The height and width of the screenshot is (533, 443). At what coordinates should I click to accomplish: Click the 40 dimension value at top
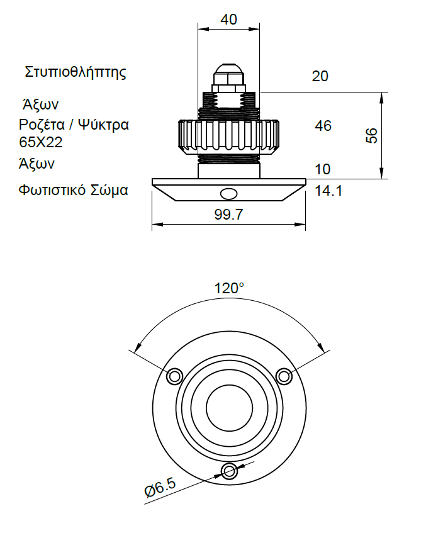click(x=228, y=20)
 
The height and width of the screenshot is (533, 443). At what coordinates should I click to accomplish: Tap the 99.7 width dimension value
click(x=228, y=215)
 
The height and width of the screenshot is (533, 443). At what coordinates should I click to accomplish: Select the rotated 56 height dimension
click(x=372, y=136)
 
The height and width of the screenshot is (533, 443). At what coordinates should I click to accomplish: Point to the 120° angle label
click(x=229, y=288)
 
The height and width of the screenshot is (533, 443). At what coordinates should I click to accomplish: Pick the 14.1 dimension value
click(x=328, y=191)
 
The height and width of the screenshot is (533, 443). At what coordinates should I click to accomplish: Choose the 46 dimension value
click(x=323, y=126)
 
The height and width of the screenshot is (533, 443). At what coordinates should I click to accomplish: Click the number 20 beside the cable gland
click(x=320, y=76)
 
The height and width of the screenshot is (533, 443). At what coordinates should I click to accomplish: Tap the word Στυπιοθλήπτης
click(x=76, y=72)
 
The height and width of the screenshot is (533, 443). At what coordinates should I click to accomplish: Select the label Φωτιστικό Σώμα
click(x=73, y=190)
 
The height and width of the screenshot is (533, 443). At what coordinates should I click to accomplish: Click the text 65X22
click(x=41, y=142)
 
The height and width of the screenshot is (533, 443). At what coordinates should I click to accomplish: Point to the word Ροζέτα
click(x=42, y=125)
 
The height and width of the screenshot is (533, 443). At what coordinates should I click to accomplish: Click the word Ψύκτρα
click(x=104, y=125)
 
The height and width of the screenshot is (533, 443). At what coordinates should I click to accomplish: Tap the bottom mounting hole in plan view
click(x=229, y=471)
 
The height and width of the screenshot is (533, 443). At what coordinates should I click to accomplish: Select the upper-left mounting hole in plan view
click(x=174, y=376)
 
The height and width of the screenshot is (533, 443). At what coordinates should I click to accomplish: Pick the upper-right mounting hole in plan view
click(x=284, y=376)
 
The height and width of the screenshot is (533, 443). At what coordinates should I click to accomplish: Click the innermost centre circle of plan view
click(x=229, y=408)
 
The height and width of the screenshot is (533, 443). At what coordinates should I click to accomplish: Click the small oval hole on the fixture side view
click(x=229, y=194)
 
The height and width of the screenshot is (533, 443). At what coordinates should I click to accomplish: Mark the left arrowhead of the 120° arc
click(x=137, y=348)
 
